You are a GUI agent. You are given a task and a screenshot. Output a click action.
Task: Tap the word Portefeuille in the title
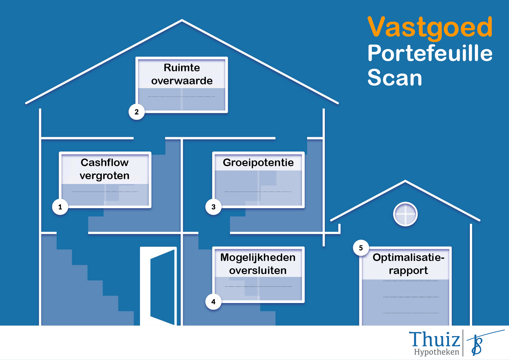(x=430, y=53)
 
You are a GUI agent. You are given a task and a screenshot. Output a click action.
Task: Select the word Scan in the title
(x=395, y=78)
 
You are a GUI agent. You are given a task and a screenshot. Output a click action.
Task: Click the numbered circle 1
(x=60, y=207)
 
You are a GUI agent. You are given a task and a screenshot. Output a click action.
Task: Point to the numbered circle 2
(x=136, y=112)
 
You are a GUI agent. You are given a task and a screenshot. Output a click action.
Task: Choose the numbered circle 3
(x=213, y=207)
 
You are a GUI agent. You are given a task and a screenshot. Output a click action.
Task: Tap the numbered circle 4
(x=213, y=302)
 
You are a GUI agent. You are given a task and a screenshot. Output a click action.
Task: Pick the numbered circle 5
(x=361, y=248)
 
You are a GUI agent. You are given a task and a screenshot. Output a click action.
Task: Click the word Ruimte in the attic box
(x=182, y=67)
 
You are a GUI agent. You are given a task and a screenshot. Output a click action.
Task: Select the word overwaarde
(x=182, y=81)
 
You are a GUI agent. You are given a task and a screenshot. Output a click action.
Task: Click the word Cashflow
(x=105, y=163)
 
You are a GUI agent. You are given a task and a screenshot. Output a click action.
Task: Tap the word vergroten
(x=105, y=176)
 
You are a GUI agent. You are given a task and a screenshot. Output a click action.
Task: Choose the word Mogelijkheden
(x=258, y=258)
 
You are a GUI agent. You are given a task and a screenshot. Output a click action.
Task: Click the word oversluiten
(x=258, y=271)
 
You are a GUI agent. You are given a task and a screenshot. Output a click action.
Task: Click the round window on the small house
(x=405, y=214)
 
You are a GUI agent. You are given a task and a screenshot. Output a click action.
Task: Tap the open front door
(x=158, y=286)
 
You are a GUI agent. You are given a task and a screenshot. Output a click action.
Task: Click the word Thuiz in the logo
(x=435, y=339)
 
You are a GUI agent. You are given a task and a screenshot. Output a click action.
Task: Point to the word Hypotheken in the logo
(x=436, y=352)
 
